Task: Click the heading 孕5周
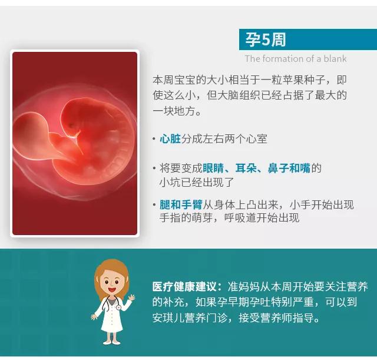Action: pos(265,39)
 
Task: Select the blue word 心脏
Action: pos(170,139)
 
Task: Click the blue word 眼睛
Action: pos(213,168)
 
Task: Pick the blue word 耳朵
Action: pos(246,168)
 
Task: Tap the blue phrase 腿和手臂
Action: pos(181,204)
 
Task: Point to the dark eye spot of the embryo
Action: pos(71,125)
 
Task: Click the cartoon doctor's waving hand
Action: pos(131,298)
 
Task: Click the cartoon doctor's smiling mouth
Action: pos(111,289)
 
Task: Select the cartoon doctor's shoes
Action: pos(111,342)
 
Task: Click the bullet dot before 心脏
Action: pos(154,139)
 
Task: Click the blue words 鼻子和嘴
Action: pos(289,168)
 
